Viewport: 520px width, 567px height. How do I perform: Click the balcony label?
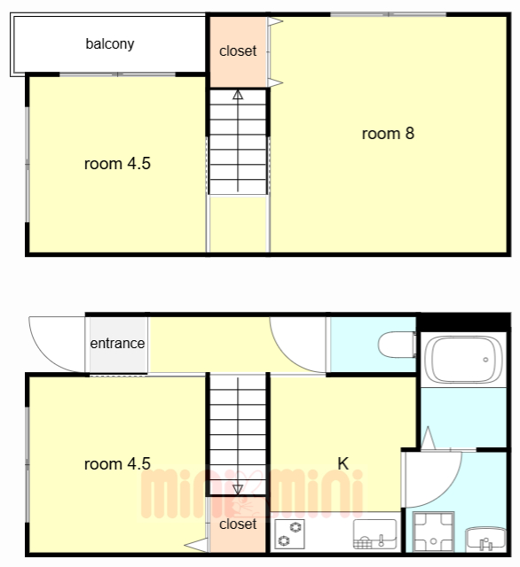(x=110, y=44)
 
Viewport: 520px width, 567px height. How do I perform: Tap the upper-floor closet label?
(x=238, y=51)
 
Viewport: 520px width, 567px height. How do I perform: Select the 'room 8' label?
(x=388, y=134)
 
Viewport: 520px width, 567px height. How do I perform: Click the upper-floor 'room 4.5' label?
(x=117, y=164)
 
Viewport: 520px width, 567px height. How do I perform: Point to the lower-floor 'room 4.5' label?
(x=117, y=464)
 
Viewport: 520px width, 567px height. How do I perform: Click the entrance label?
(x=117, y=343)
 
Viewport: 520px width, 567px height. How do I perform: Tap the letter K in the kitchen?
(x=343, y=463)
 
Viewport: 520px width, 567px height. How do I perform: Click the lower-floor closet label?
(x=238, y=524)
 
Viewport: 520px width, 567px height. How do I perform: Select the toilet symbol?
(x=397, y=345)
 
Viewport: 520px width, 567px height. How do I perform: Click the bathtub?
(x=463, y=360)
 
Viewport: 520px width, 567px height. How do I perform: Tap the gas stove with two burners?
(x=289, y=533)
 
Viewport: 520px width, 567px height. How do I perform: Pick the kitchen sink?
(x=374, y=534)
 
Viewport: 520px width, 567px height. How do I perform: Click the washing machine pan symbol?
(x=433, y=532)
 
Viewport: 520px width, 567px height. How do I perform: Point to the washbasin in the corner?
(x=485, y=540)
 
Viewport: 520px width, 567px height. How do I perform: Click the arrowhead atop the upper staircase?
(x=238, y=95)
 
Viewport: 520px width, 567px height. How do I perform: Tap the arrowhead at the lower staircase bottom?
(x=238, y=490)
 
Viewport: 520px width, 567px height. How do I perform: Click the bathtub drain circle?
(x=485, y=360)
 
